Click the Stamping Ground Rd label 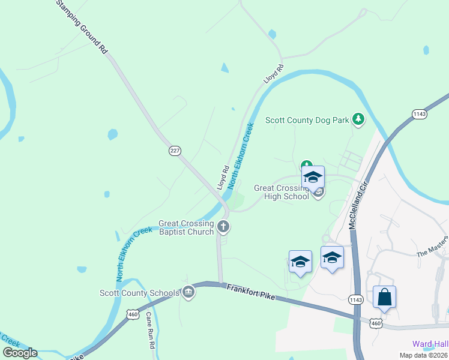[x=82, y=28]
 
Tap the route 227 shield [x=175, y=151]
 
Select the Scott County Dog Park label [x=307, y=120]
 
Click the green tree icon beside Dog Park [x=358, y=119]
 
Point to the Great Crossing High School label [x=281, y=192]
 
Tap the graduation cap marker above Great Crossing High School [x=313, y=177]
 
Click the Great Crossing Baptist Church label [x=186, y=227]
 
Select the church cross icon [x=223, y=227]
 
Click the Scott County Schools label [x=139, y=293]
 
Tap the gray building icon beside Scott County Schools [x=188, y=293]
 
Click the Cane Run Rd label [x=152, y=338]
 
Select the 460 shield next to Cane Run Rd [x=133, y=314]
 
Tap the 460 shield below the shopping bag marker [x=376, y=323]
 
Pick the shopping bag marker [x=384, y=297]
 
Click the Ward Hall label [x=430, y=344]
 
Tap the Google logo [x=20, y=353]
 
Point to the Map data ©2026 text [x=423, y=355]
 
